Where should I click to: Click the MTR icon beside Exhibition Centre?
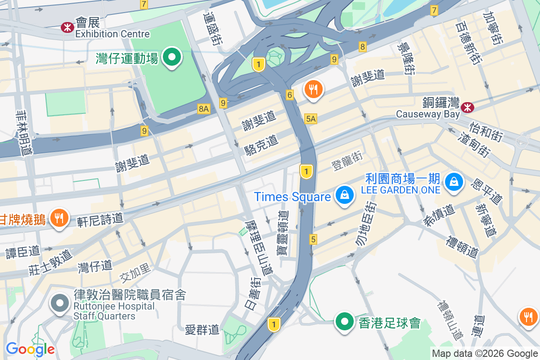tap(67, 27)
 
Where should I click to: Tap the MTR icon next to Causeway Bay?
tap(467, 107)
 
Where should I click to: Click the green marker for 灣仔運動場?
tap(171, 58)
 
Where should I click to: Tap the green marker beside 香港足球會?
tap(345, 322)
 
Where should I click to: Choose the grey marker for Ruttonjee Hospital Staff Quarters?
tap(60, 303)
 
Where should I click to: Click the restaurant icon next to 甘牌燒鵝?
tap(58, 219)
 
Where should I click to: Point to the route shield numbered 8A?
tap(204, 108)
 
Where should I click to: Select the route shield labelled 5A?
tap(310, 119)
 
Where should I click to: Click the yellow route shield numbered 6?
tap(290, 95)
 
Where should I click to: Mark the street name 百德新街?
tap(468, 45)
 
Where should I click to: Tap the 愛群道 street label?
tap(202, 330)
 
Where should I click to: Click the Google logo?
tap(30, 349)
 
